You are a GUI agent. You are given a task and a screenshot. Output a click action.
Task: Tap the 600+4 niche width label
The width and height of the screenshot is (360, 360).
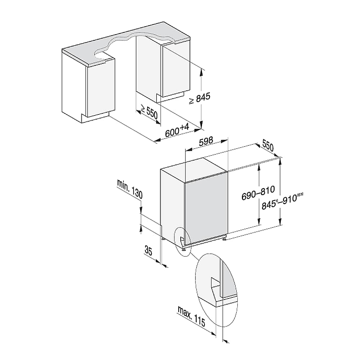click(177, 130)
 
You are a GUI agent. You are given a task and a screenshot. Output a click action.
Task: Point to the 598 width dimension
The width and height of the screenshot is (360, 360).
click(206, 141)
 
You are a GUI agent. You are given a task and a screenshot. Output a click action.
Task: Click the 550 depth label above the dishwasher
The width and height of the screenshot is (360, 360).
click(268, 146)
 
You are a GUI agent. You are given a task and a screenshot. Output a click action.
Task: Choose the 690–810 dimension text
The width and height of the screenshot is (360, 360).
click(258, 193)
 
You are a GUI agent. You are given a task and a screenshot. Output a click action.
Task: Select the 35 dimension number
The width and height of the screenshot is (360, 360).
click(148, 250)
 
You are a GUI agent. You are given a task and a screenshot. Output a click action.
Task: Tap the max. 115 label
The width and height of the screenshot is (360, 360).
click(191, 316)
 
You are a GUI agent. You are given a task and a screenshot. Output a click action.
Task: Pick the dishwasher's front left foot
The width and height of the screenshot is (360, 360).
click(184, 249)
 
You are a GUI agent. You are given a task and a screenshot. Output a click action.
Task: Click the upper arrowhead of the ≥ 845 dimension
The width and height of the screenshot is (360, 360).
click(201, 72)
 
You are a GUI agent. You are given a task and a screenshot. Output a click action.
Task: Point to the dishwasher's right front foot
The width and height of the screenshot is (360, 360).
click(224, 239)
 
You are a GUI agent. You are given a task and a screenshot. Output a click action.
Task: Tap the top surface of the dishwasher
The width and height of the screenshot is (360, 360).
click(194, 170)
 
